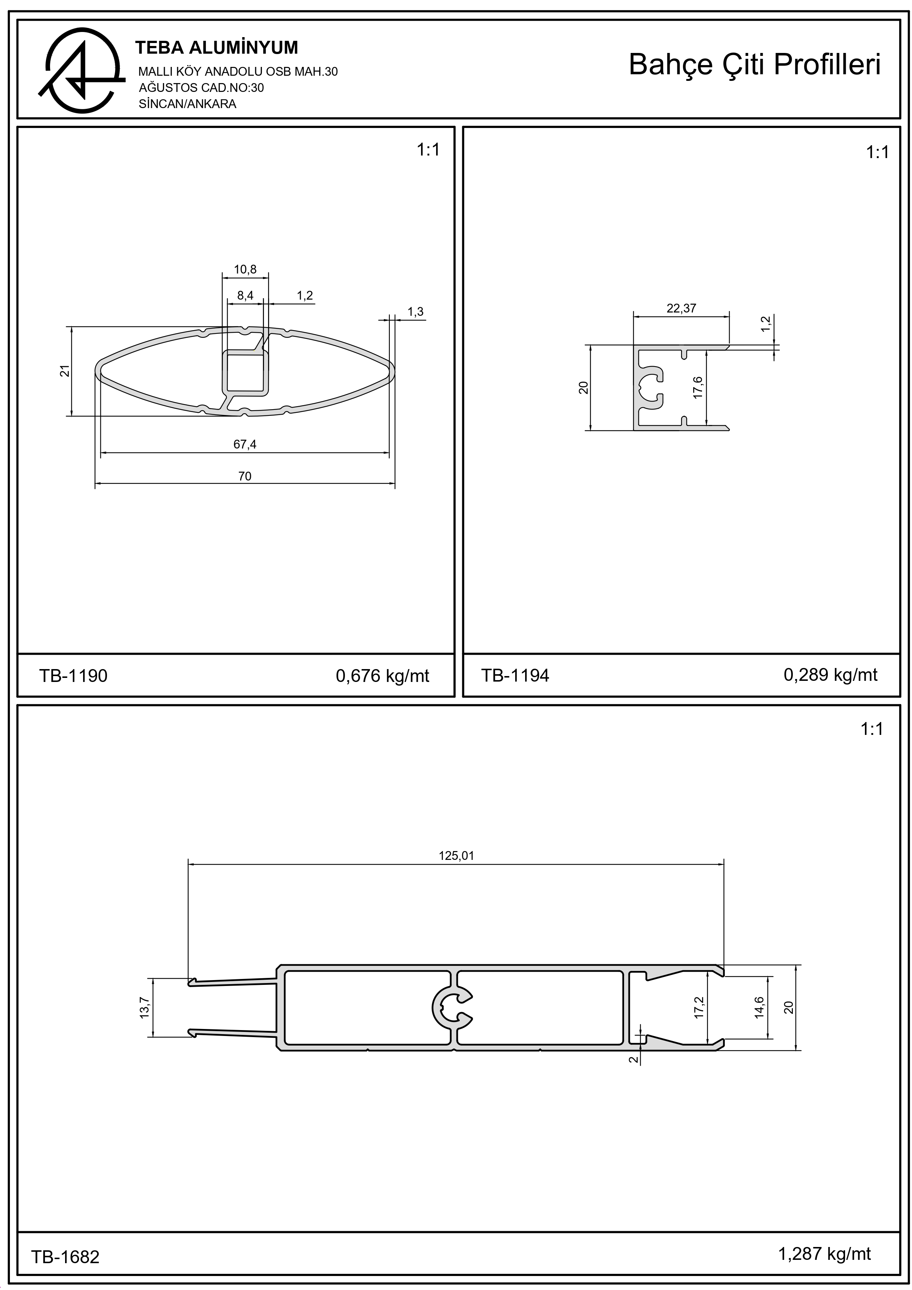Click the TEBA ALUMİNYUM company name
(217, 48)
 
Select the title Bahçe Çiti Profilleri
(754, 65)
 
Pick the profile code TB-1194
(515, 675)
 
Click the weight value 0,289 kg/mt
(830, 675)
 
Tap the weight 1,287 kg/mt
(824, 1254)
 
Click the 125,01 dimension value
(456, 856)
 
